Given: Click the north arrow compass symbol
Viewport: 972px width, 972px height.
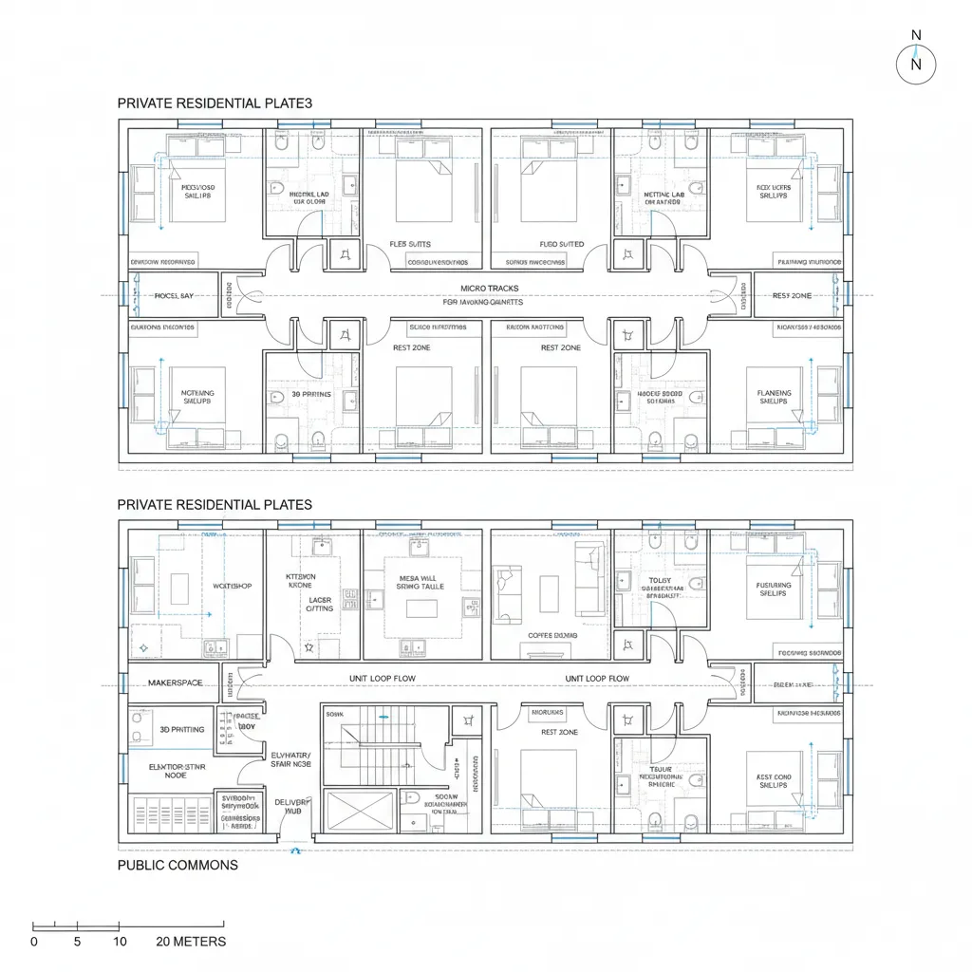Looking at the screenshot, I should point(916,64).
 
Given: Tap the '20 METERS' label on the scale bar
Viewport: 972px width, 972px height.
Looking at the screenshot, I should point(191,942).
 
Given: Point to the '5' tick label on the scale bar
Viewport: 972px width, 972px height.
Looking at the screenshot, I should point(77,942).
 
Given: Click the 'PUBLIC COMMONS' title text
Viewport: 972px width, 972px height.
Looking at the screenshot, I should point(178,865).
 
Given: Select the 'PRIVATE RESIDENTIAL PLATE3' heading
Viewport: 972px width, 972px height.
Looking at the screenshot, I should point(215,102).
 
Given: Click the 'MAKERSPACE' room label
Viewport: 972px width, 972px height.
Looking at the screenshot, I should point(176,682).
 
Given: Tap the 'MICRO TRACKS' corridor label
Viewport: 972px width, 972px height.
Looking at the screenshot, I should point(490,288).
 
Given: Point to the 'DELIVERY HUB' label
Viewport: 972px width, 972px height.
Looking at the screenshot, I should point(292,808).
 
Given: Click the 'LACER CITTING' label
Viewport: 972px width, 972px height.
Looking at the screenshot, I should point(320,604).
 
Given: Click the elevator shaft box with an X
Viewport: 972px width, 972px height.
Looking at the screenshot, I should point(359,812).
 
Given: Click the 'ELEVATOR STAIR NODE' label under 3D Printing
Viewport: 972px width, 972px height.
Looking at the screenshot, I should point(176,769).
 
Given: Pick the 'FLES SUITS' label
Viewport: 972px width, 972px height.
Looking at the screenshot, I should point(409,244).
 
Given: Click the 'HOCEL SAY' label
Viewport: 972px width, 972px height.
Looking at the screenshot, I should point(174,296).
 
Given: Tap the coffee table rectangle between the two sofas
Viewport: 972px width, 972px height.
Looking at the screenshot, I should point(550,593).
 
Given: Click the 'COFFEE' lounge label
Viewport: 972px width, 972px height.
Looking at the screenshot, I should point(550,635).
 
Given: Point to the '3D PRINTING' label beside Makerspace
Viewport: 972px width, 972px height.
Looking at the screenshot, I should point(175,730).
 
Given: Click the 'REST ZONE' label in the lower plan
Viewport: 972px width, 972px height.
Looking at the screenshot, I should point(559,732).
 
